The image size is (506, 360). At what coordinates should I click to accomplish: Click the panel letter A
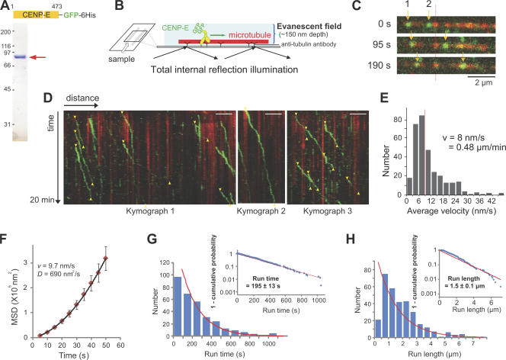[x=6, y=6]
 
